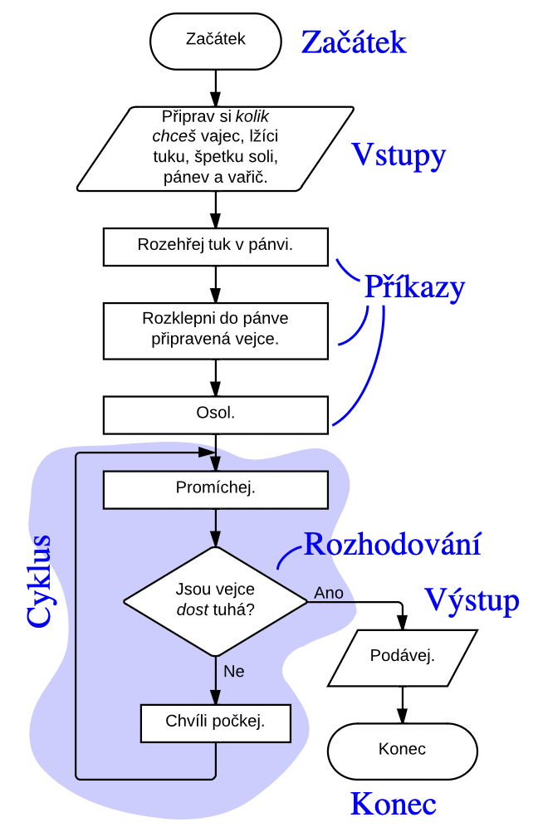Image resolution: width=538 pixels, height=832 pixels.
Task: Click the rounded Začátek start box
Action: point(216,40)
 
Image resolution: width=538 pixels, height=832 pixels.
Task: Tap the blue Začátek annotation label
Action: point(354,42)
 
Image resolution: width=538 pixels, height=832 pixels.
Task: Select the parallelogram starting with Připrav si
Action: point(215,147)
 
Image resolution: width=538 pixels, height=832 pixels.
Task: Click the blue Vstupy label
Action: point(399,154)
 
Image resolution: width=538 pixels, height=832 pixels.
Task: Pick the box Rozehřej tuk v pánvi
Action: point(215,246)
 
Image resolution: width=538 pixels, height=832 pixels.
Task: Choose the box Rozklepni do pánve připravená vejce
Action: point(215,329)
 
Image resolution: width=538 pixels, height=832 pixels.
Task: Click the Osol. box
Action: point(215,413)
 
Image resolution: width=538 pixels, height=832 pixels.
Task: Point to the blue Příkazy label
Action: point(414,286)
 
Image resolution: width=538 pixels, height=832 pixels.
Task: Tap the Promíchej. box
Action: point(215,489)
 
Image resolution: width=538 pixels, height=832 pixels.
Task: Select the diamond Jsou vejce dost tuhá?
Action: point(215,600)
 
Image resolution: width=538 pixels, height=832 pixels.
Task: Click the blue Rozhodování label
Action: point(393,544)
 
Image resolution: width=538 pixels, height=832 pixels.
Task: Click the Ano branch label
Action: point(329,593)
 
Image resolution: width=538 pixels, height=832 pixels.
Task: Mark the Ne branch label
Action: point(234,671)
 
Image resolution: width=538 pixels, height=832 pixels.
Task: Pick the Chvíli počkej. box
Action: point(215,722)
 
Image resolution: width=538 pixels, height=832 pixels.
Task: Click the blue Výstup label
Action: point(472,600)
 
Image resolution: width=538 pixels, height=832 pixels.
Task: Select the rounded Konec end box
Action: point(403,749)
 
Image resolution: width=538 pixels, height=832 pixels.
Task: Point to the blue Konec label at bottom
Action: point(393,804)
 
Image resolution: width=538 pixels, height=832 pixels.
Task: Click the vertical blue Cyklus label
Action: point(39,580)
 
